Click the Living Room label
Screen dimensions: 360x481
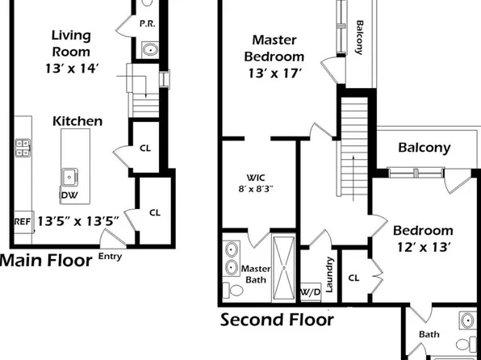71,44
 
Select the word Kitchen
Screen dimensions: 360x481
77,121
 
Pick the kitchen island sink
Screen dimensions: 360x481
70,175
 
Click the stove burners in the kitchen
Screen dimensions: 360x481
23,147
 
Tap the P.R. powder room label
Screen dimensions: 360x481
147,24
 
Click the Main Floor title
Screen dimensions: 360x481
44,261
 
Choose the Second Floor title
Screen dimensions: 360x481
277,320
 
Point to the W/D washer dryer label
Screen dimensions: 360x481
310,291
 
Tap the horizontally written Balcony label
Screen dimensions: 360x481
425,148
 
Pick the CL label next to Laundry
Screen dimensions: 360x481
353,277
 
